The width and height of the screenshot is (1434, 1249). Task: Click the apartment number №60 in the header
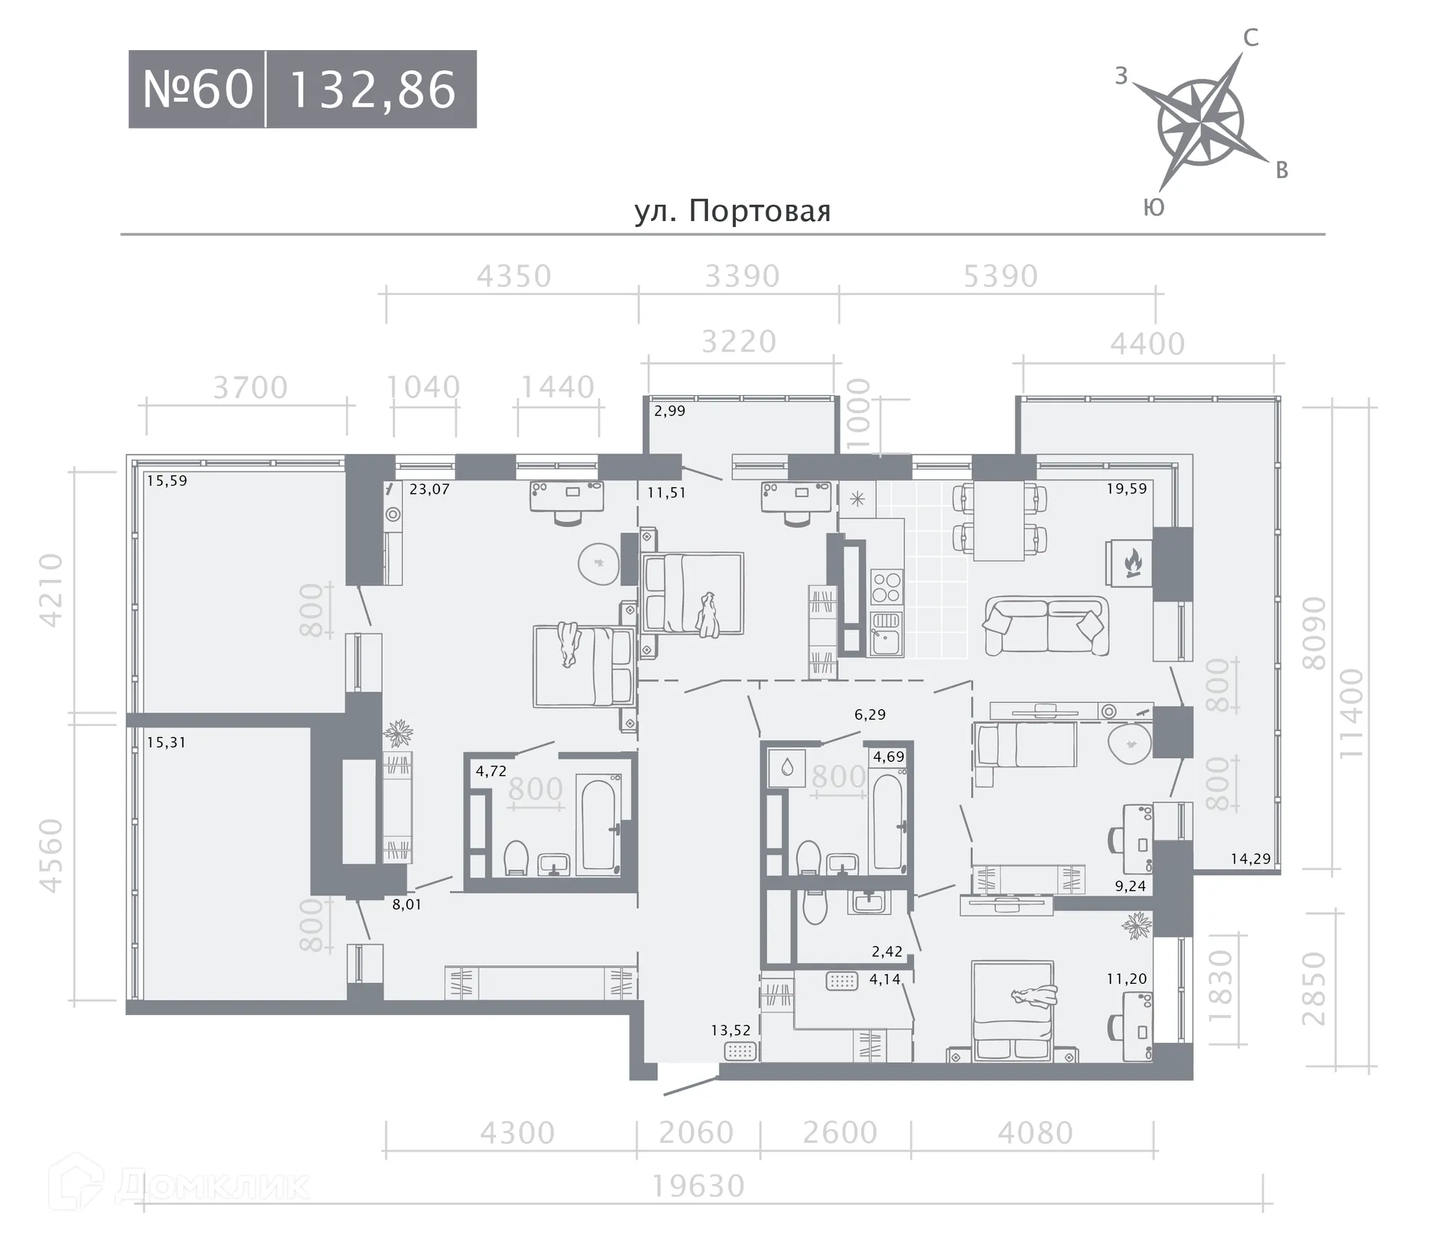198,90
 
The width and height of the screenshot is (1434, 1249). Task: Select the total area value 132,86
372,90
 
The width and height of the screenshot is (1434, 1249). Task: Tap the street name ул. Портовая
733,211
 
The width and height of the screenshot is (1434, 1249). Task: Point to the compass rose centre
1200,122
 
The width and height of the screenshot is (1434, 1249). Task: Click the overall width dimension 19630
699,1186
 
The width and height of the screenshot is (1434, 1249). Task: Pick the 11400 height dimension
1351,713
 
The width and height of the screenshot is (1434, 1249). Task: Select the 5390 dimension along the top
1001,276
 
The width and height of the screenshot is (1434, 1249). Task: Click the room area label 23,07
429,489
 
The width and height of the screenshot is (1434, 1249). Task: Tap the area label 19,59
1126,489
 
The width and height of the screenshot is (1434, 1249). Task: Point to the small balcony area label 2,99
670,411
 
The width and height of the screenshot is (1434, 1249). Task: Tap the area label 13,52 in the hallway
730,1030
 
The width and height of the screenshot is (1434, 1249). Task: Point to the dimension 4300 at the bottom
517,1133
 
